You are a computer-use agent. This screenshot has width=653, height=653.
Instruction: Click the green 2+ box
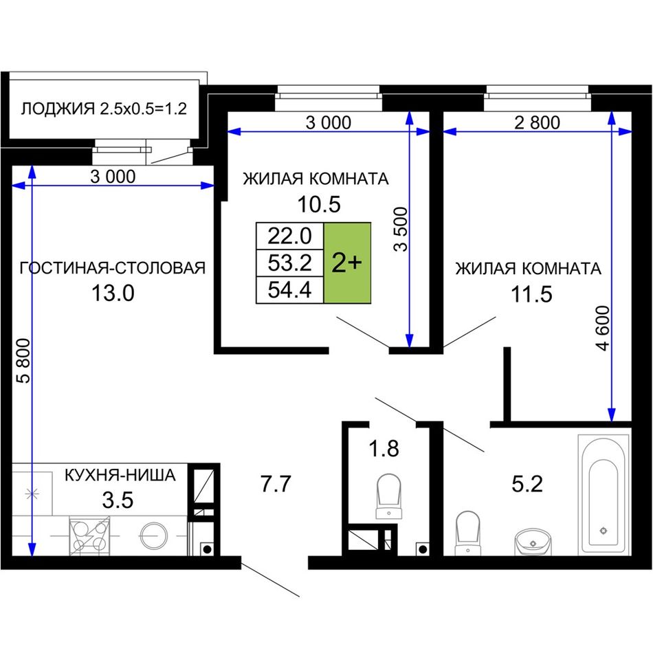tap(347, 263)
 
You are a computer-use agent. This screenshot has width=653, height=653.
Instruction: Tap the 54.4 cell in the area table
tap(290, 289)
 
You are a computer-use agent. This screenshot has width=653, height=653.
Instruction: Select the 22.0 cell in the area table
tap(290, 236)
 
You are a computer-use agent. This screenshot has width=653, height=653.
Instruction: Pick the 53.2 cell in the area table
tap(290, 263)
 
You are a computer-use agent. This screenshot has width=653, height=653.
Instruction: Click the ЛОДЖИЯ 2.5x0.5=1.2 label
tap(104, 109)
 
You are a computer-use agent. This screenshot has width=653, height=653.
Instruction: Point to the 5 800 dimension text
tap(24, 361)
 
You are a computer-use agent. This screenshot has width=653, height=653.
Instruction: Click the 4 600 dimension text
tap(603, 328)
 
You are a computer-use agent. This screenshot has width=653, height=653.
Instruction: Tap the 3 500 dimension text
tap(401, 229)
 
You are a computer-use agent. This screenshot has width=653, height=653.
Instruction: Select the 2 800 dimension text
tap(538, 123)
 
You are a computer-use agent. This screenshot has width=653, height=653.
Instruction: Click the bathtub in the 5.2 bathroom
tap(604, 494)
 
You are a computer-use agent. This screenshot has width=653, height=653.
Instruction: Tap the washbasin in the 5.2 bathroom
tap(533, 542)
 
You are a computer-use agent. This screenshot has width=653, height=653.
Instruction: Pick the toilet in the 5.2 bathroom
tap(467, 533)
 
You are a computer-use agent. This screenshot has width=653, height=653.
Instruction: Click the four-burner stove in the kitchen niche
tap(89, 535)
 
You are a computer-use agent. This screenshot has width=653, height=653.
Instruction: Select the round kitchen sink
tap(154, 535)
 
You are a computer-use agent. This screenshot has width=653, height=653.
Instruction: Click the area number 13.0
tap(113, 294)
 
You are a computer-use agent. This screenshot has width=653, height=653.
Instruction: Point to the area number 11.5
tap(531, 294)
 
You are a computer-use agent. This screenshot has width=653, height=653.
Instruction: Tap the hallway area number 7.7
tap(275, 484)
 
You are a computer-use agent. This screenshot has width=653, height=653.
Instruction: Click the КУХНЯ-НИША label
tap(120, 475)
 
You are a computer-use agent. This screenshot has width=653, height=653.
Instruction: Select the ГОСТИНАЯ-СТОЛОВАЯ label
tap(113, 268)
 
